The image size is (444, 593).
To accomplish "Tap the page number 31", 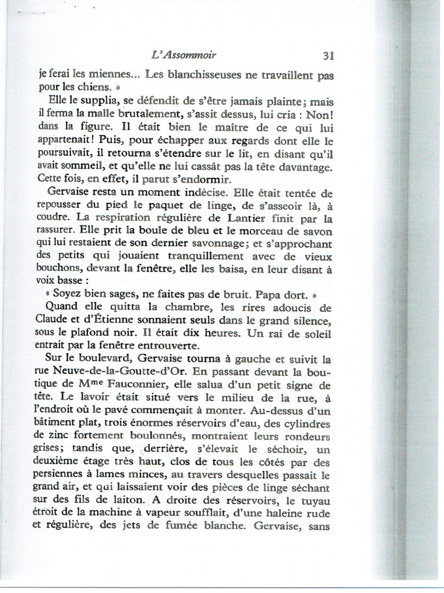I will pyautogui.click(x=328, y=56).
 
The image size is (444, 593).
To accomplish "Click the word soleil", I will pyautogui.click(x=316, y=334).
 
